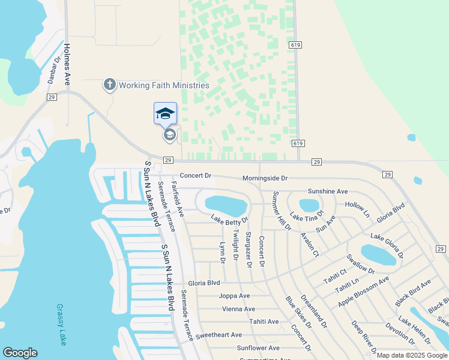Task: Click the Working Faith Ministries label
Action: tap(163, 85)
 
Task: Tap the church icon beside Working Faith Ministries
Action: tap(109, 85)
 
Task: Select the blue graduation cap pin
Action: tap(165, 113)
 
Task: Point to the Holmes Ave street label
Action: tap(67, 60)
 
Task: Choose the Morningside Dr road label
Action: tap(265, 178)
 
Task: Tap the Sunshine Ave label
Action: tap(328, 191)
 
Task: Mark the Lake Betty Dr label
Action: tap(229, 221)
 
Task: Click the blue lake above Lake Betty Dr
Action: tap(226, 205)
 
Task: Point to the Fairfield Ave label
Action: tap(178, 198)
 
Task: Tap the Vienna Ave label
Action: tap(238, 309)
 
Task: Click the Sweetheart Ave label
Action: tap(218, 335)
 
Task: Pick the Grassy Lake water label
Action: tap(61, 324)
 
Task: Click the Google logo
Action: tap(20, 353)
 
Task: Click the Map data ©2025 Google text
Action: tap(412, 355)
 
